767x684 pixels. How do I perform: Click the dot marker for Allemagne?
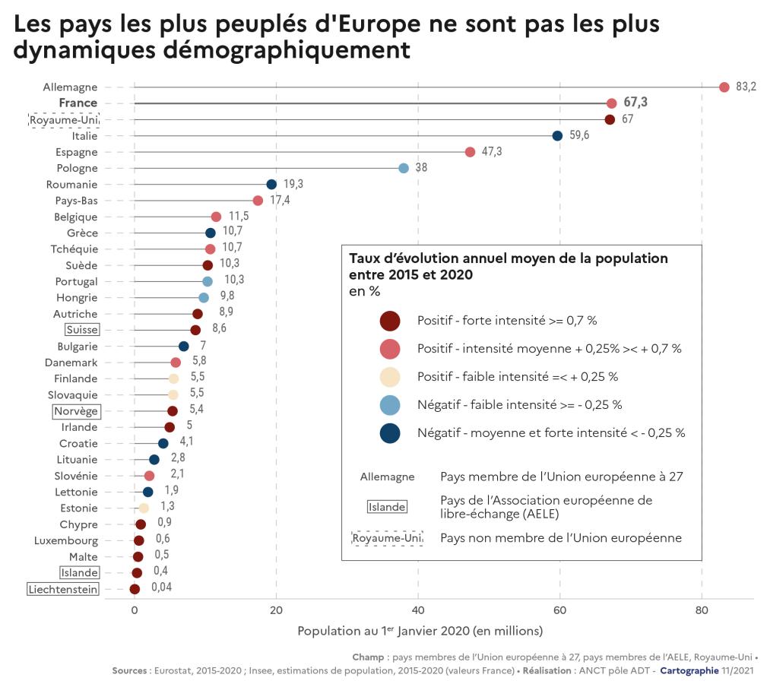724,87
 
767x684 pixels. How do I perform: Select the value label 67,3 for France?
635,103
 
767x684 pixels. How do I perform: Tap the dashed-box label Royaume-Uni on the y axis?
65,119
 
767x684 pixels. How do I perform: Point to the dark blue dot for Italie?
557,135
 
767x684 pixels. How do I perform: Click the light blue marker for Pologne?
404,168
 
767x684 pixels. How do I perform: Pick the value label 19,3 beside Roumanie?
294,184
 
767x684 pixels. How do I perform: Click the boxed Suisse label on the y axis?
82,330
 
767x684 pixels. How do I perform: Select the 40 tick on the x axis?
418,610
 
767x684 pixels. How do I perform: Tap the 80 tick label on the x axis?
702,610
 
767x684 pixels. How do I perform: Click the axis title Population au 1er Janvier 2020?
420,632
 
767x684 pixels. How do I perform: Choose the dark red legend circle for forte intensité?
389,321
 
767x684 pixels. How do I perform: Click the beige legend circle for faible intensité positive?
389,377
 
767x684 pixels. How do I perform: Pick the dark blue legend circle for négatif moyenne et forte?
389,433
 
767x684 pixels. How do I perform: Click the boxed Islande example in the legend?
386,507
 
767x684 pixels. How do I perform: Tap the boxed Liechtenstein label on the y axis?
63,589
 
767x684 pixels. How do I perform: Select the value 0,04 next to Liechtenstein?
161,588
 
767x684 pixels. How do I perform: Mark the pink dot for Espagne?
470,152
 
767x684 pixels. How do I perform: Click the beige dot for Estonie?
144,508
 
